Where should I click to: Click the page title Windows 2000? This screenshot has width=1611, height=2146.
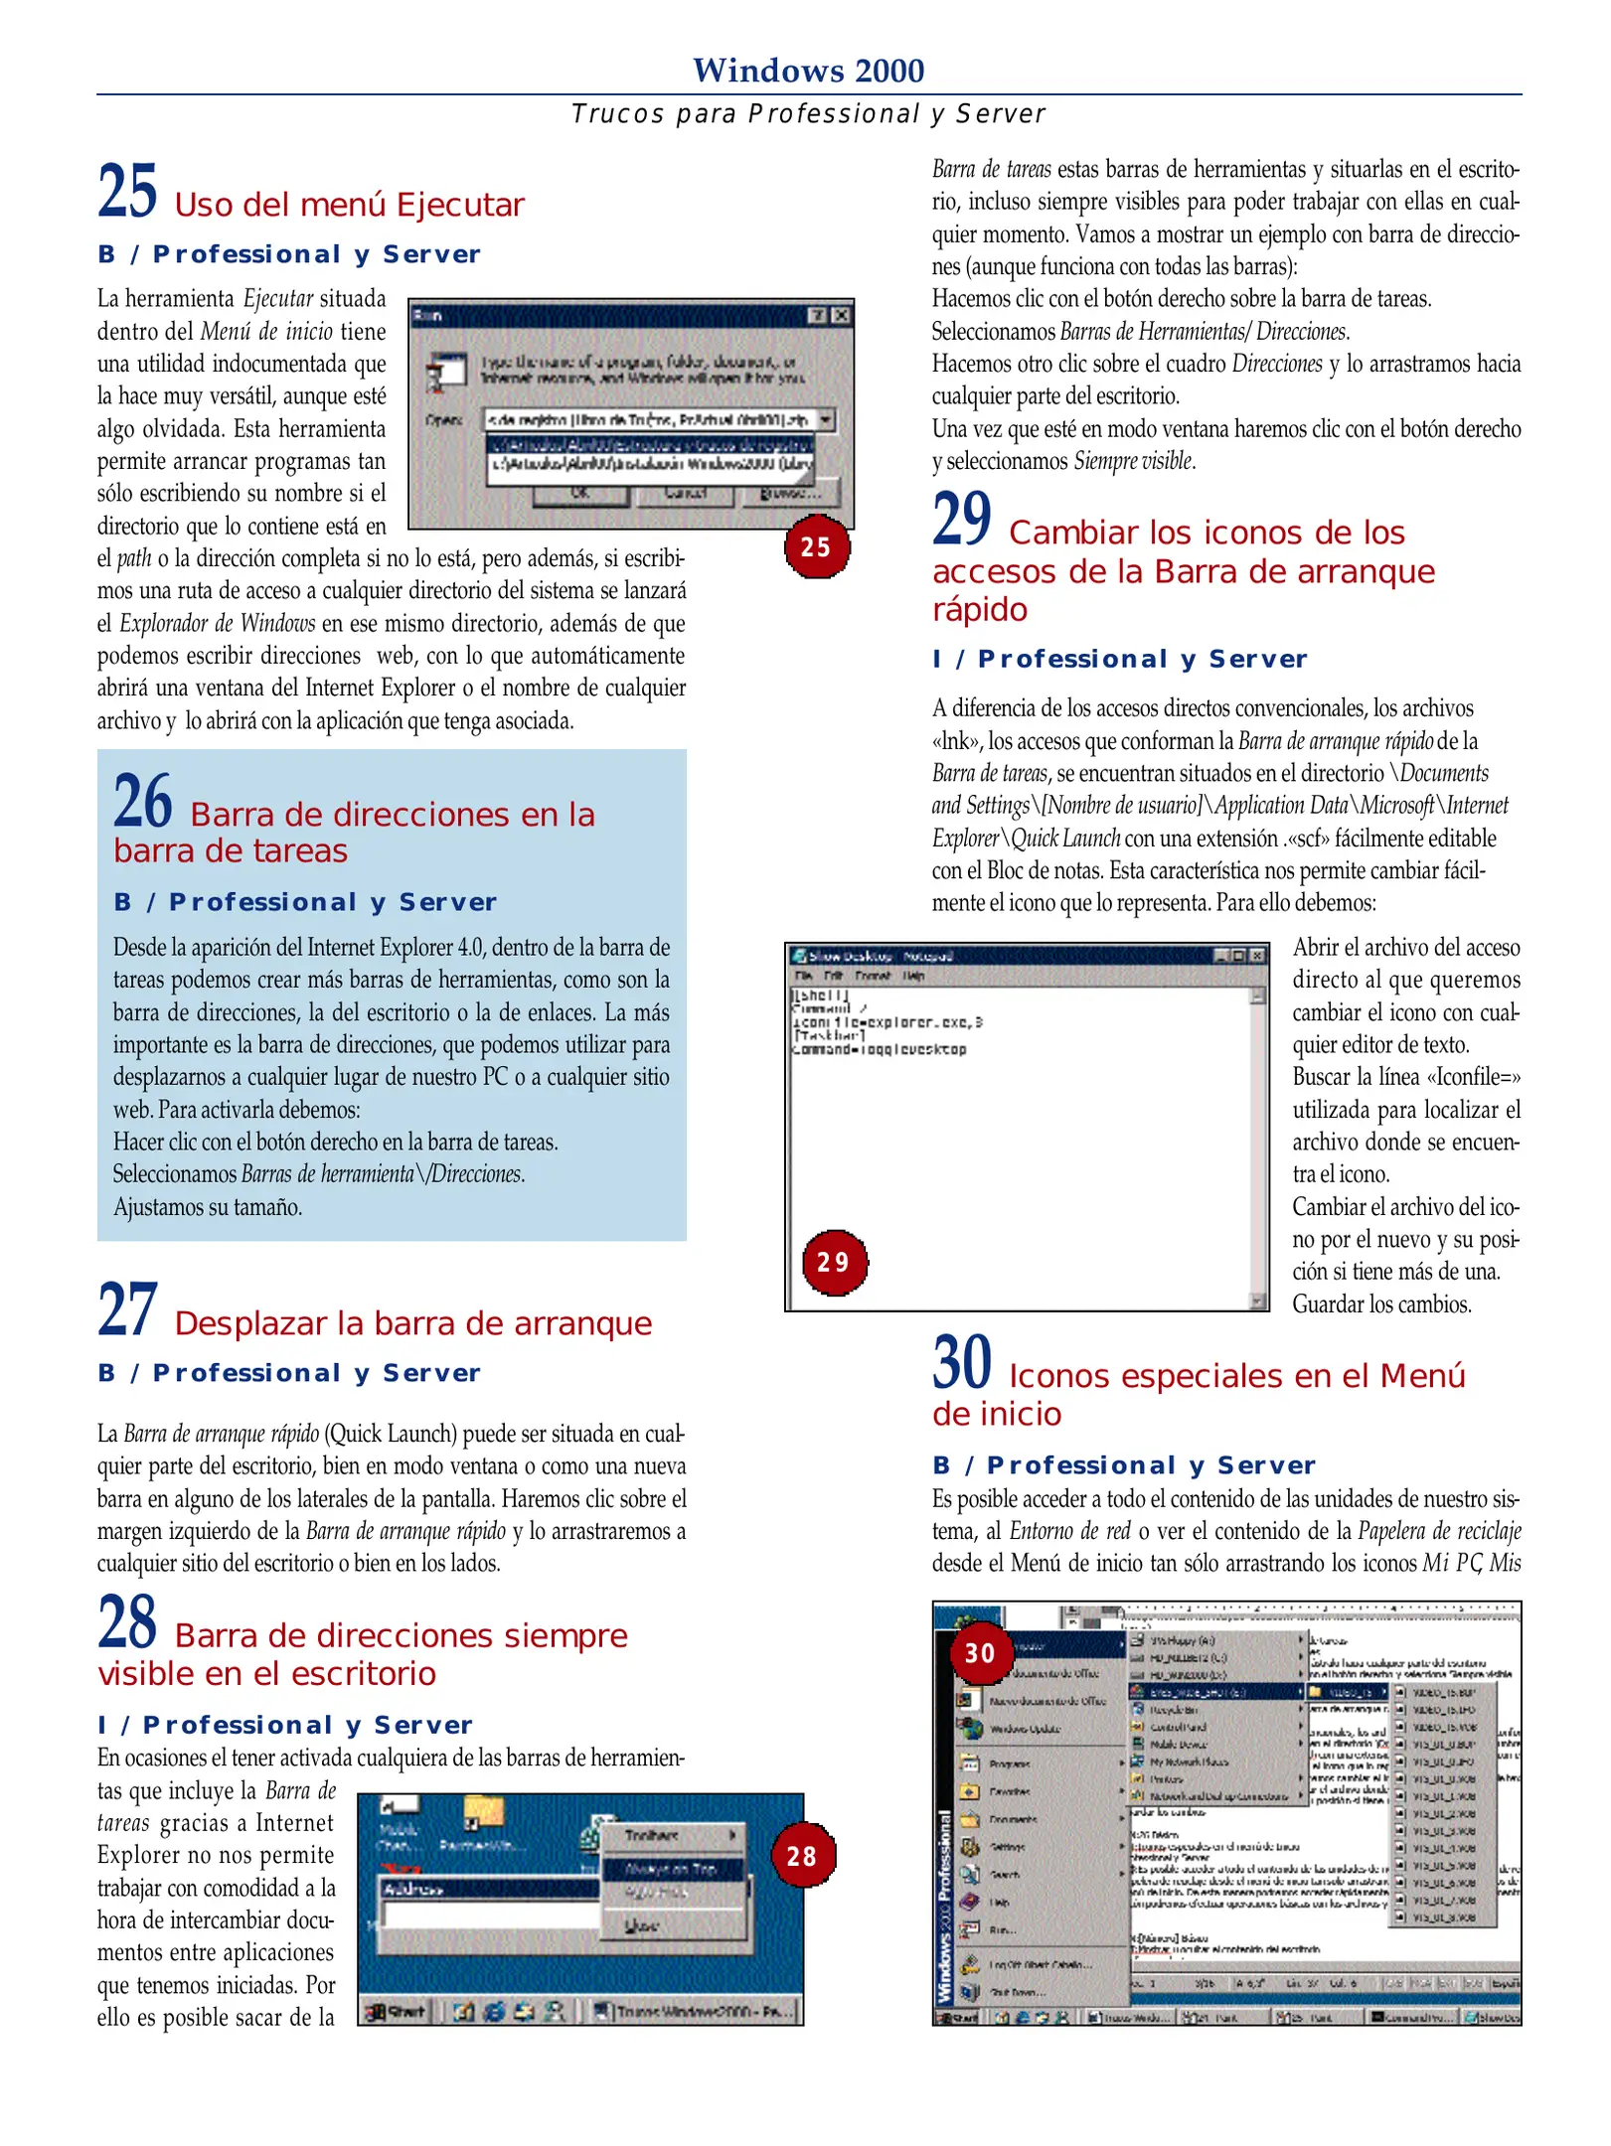[808, 71]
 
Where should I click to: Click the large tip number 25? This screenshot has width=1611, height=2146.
[127, 192]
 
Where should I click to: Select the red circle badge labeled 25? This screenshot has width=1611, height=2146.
[816, 546]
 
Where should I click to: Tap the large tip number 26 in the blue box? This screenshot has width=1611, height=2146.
[143, 802]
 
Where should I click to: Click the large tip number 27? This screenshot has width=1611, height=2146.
[127, 1310]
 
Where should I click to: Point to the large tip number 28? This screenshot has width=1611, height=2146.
[127, 1622]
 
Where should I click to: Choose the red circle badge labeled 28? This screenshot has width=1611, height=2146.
[802, 1855]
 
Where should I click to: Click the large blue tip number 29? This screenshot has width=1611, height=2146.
[961, 520]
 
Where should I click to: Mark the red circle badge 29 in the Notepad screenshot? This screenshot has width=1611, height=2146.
[834, 1262]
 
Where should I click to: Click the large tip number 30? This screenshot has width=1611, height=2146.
[961, 1363]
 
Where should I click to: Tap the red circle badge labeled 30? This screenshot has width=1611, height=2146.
[980, 1652]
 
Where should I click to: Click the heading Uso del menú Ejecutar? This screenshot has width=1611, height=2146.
[349, 205]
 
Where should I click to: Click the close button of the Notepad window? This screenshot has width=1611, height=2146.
[1257, 956]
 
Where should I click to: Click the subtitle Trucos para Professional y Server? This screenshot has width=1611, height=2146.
[808, 114]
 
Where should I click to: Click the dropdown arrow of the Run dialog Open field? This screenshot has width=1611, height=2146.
[826, 420]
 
